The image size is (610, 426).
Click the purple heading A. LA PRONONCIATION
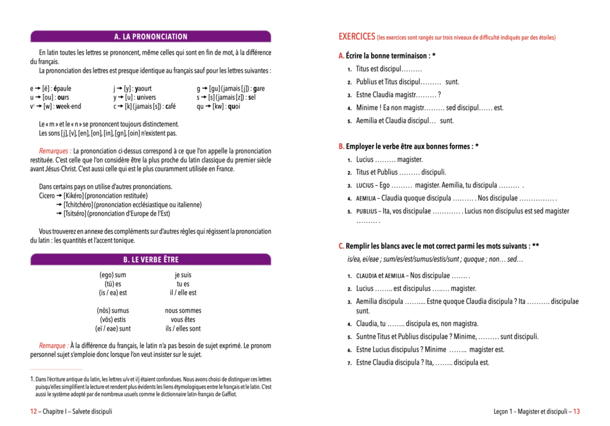[x=151, y=36]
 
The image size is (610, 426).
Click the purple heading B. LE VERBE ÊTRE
[x=151, y=259]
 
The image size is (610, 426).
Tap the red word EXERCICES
[x=356, y=37]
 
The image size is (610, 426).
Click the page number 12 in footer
[x=34, y=411]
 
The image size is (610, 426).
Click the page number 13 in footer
[x=576, y=411]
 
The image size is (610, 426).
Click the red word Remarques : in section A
[x=55, y=151]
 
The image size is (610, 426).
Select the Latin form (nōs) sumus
[x=113, y=310]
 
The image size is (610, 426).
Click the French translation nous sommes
[x=183, y=310]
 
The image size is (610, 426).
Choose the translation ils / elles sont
[x=183, y=328]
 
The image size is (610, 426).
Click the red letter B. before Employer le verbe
[x=341, y=146]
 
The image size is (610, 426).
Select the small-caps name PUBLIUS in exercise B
[x=366, y=211]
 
